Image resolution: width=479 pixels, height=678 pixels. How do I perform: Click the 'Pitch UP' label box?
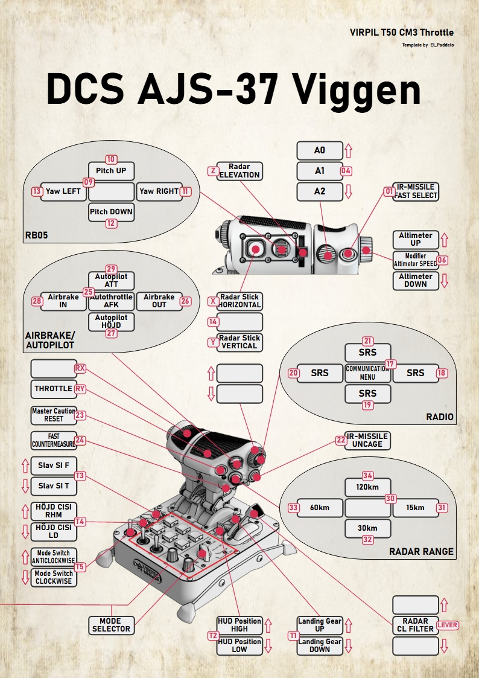coord(111,171)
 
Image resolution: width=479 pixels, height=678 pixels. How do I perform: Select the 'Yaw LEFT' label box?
coord(63,191)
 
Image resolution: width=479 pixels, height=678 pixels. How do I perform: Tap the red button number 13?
coord(36,191)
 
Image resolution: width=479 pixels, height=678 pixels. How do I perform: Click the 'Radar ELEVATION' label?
coord(239,171)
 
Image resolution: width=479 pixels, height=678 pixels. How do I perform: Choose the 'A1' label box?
coord(319,171)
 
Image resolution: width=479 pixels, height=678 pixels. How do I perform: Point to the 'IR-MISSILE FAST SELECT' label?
coord(416,191)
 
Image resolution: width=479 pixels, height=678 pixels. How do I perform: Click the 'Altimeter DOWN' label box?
coord(416,280)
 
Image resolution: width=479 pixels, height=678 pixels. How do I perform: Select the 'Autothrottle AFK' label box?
coord(111,301)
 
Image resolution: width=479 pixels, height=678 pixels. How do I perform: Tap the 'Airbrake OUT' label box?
coord(159,301)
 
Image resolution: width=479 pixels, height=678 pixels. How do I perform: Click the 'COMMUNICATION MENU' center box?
coord(367,373)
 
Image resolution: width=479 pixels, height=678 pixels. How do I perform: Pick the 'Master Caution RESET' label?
coord(54,415)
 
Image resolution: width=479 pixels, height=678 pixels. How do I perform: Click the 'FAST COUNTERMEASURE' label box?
coord(54,440)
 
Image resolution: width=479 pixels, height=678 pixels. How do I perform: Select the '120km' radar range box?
coord(367,487)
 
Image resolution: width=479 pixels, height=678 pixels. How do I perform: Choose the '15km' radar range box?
coord(415,508)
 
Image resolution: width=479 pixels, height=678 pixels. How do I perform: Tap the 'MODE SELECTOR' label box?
coord(111,625)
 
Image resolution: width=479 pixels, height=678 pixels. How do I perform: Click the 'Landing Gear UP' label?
coord(320,625)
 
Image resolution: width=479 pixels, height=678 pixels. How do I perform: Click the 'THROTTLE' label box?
coord(54,389)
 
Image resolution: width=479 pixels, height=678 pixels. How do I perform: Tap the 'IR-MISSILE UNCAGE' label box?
coord(367,440)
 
